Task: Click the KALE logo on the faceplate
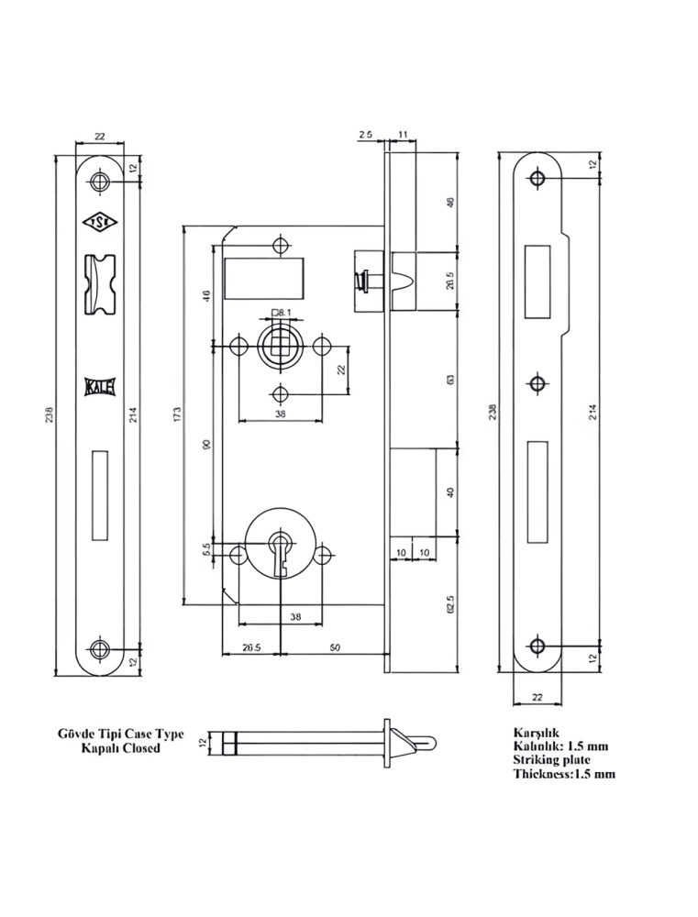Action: click(x=100, y=386)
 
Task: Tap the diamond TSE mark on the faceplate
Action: click(x=99, y=222)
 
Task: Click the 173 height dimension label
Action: click(x=177, y=415)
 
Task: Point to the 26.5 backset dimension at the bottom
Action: click(x=251, y=646)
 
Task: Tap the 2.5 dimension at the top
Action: click(x=366, y=135)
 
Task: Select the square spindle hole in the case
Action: click(x=280, y=346)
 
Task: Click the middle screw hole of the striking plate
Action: click(x=537, y=382)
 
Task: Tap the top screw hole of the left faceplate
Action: click(x=99, y=180)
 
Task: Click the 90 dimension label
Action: click(x=206, y=444)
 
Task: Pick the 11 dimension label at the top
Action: click(x=404, y=135)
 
